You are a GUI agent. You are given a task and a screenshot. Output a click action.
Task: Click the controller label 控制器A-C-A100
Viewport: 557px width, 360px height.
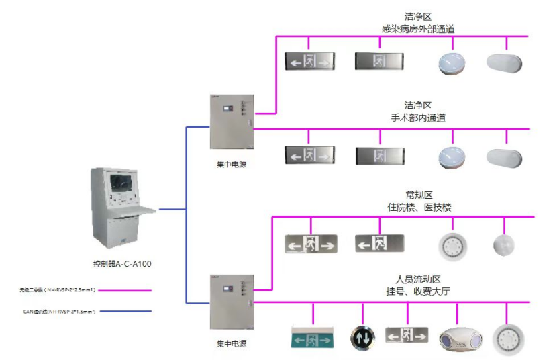pyautogui.click(x=122, y=264)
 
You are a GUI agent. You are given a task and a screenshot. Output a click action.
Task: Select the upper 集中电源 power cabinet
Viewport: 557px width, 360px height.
pyautogui.click(x=231, y=122)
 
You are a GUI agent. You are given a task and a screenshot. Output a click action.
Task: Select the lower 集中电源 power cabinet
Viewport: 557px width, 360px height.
pyautogui.click(x=231, y=302)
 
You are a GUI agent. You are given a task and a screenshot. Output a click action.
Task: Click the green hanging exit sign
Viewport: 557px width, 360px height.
pyautogui.click(x=311, y=338)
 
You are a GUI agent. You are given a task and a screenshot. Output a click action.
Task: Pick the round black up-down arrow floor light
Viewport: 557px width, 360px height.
pyautogui.click(x=362, y=337)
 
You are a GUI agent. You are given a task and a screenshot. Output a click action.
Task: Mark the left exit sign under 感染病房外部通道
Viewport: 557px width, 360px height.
pyautogui.click(x=309, y=62)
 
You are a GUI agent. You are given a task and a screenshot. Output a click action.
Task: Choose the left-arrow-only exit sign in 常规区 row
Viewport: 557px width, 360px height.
pyautogui.click(x=379, y=243)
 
